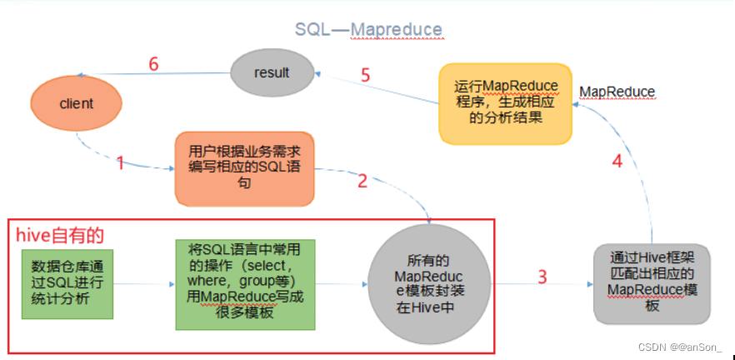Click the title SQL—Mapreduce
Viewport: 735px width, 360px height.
click(368, 29)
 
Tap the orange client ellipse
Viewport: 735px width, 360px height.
click(76, 104)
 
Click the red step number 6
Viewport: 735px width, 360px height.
click(152, 64)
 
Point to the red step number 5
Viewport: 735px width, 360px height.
click(365, 74)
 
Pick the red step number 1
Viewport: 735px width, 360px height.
click(120, 163)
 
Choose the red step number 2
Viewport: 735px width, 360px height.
click(362, 180)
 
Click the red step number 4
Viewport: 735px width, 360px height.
click(617, 162)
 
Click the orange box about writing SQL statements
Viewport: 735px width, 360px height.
click(244, 168)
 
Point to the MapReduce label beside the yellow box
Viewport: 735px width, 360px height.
click(617, 91)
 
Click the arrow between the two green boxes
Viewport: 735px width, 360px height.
click(144, 284)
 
